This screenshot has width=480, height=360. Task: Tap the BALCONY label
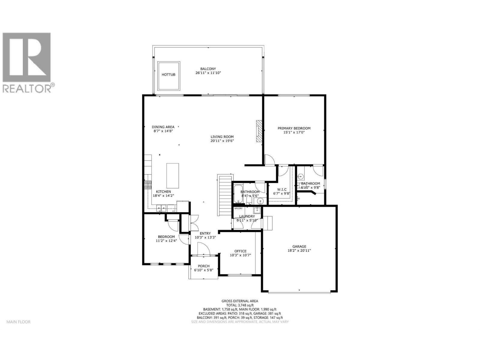point(208,69)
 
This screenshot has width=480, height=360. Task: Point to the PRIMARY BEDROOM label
point(294,128)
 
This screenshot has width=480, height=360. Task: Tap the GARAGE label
point(299,246)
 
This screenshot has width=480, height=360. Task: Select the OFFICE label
point(240,251)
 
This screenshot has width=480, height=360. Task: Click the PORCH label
point(203,266)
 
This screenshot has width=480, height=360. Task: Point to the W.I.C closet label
point(282,189)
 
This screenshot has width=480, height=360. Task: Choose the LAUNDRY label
point(247,216)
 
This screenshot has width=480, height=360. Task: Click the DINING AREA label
point(163,127)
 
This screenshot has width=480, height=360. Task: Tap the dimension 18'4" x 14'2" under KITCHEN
point(163,196)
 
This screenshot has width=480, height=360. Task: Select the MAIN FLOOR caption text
point(18,322)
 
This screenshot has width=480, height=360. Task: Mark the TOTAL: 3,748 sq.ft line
point(239,305)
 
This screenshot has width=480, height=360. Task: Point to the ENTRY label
point(205,233)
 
